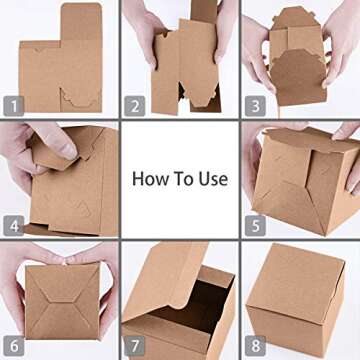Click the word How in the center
[x=149, y=180]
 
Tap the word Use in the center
[x=214, y=180]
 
